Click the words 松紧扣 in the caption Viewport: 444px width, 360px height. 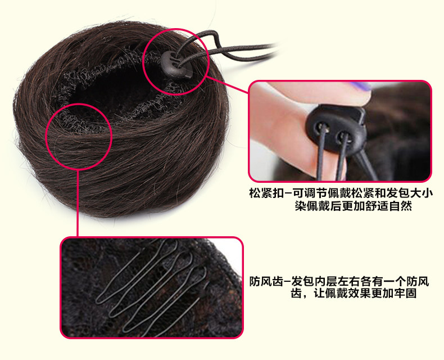pyautogui.click(x=266, y=193)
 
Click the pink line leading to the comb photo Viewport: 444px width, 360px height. pyautogui.click(x=77, y=208)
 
